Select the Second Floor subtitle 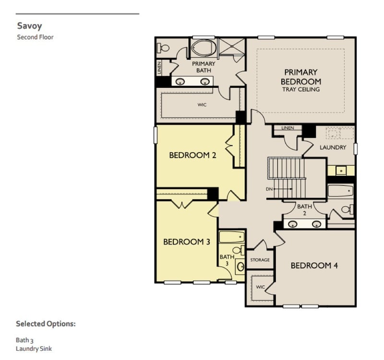[35, 36]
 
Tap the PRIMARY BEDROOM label [300, 77]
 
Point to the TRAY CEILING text [300, 89]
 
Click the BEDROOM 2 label [189, 155]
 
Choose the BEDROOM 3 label [187, 241]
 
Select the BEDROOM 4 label [314, 265]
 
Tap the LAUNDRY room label [333, 147]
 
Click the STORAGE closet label [260, 260]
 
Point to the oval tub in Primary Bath [204, 48]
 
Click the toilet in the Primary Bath [164, 48]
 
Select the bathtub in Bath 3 [231, 237]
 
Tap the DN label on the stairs [269, 189]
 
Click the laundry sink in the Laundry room [340, 170]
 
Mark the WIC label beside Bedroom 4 [260, 287]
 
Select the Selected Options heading [46, 324]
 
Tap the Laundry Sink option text [34, 348]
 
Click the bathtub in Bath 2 [340, 191]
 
